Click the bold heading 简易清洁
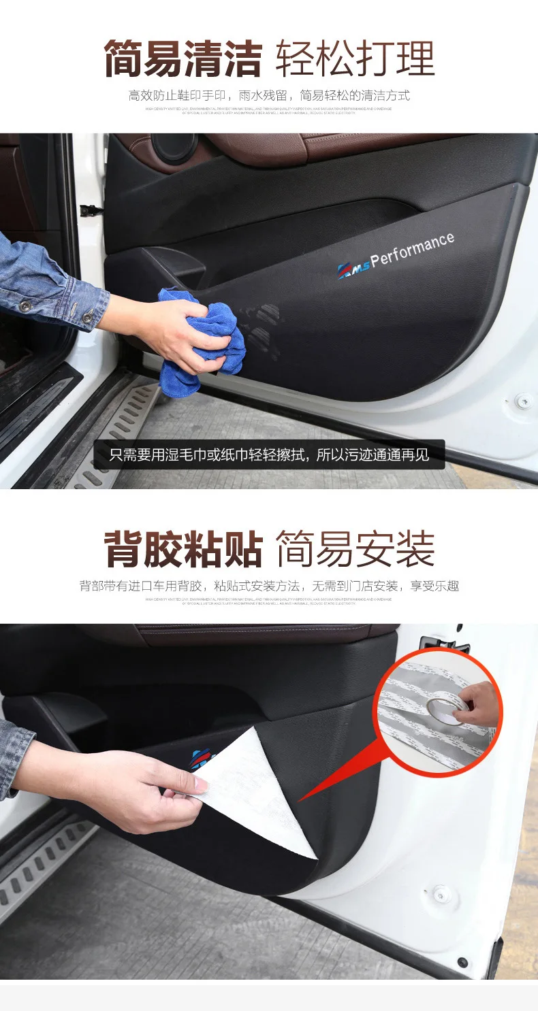tap(183, 59)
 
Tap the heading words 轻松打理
tap(355, 59)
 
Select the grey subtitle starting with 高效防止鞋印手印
tap(269, 95)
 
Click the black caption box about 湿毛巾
tap(269, 454)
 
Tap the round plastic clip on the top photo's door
tap(523, 401)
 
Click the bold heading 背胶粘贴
tap(183, 550)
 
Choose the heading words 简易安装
tap(355, 550)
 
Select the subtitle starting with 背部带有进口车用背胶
tap(269, 586)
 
